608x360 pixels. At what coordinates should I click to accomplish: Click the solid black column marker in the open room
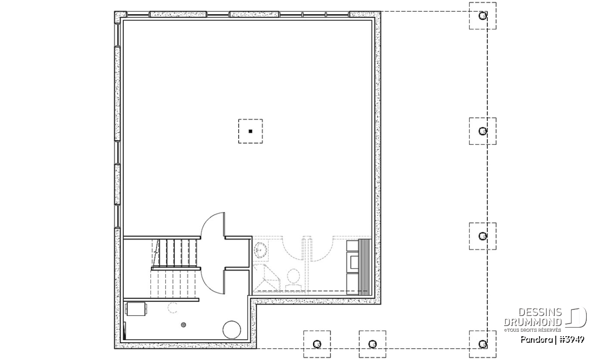(250, 131)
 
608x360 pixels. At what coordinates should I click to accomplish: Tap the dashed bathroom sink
(260, 250)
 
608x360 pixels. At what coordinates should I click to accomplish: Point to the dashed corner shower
(266, 277)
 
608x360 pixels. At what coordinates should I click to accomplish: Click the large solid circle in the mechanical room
(232, 330)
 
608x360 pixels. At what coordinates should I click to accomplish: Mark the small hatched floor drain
(183, 325)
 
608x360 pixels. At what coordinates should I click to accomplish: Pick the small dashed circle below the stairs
(173, 308)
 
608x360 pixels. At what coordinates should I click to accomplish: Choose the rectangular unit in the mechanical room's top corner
(136, 309)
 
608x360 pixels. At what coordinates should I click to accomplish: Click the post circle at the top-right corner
(482, 16)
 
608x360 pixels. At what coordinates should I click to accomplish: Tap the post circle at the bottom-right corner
(482, 344)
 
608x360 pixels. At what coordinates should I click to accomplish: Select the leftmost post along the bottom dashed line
(317, 344)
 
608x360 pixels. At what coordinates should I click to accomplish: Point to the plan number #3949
(572, 340)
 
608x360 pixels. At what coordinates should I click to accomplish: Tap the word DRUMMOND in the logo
(533, 322)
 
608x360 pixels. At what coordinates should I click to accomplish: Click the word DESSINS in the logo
(540, 312)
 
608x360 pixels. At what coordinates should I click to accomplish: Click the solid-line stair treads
(178, 253)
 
